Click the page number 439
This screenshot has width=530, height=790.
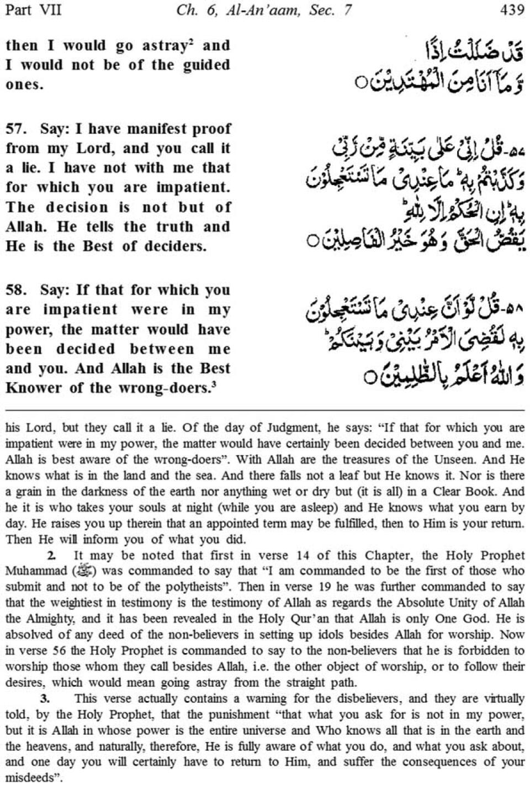(512, 10)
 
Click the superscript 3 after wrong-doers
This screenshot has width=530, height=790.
(214, 385)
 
